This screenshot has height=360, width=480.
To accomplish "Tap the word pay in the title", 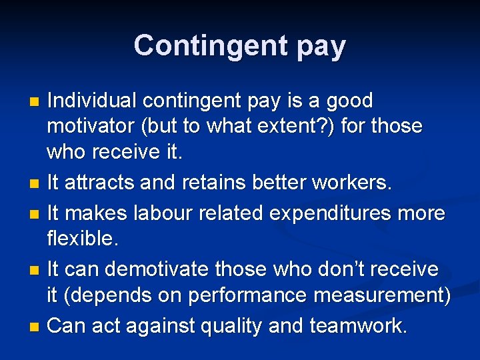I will [318, 47].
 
